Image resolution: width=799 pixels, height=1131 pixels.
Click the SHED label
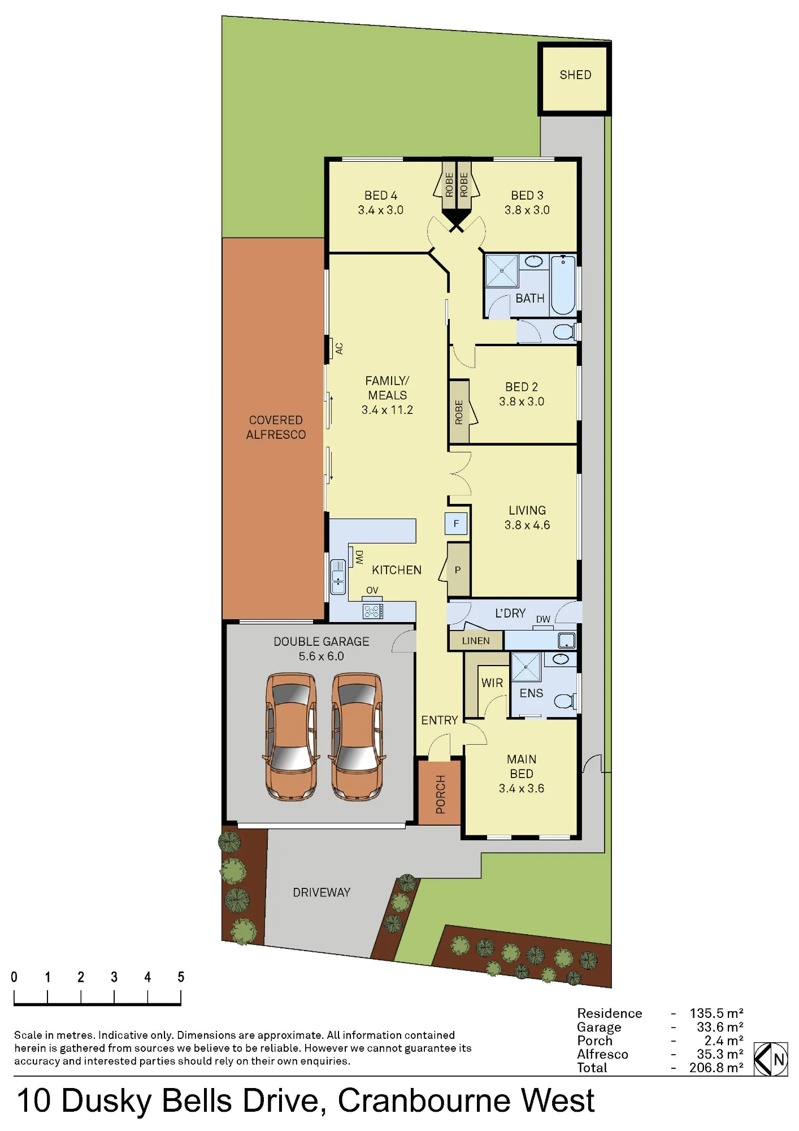click(x=575, y=75)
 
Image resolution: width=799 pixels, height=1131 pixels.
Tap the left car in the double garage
click(x=291, y=736)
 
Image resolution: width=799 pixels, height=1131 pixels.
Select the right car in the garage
click(x=358, y=736)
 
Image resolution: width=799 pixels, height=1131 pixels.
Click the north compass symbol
click(x=771, y=1059)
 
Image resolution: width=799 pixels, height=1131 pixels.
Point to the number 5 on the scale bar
click(x=181, y=977)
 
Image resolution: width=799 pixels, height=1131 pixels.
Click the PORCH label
click(x=441, y=795)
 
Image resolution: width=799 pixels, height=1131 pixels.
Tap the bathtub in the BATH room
click(x=563, y=285)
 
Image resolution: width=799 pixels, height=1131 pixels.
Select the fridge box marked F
click(x=456, y=524)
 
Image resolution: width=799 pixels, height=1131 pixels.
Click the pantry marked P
click(x=458, y=570)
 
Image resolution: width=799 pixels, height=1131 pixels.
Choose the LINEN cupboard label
click(x=476, y=641)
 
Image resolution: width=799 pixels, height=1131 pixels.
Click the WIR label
click(x=492, y=683)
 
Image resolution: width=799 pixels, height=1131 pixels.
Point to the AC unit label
click(x=339, y=348)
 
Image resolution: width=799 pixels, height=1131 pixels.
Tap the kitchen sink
click(x=338, y=577)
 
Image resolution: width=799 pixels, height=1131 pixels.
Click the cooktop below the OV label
click(x=373, y=611)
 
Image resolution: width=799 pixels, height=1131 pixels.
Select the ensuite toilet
click(x=565, y=701)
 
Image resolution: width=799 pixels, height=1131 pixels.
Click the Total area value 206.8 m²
click(x=716, y=1068)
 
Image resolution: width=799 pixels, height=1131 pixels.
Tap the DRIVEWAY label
click(x=322, y=892)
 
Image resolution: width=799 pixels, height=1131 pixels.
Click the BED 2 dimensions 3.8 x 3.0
click(x=522, y=402)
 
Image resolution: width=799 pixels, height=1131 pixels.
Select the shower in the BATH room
click(x=502, y=271)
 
